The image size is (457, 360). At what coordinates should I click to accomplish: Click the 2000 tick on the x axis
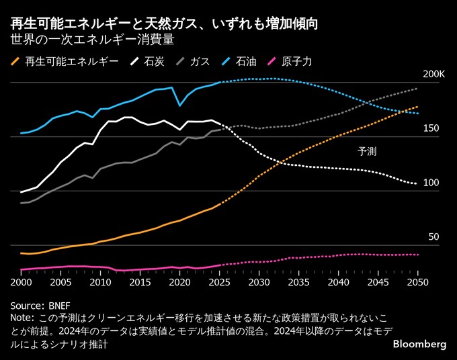point(21,283)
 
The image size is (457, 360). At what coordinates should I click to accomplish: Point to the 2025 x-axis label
point(219,283)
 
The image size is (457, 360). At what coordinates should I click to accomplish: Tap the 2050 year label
point(417,283)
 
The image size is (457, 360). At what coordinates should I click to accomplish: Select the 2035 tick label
point(298,283)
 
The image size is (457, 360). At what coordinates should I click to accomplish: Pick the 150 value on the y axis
point(430,128)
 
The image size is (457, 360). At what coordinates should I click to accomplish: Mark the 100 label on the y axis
point(430,183)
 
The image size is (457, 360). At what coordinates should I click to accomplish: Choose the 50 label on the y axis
point(433,237)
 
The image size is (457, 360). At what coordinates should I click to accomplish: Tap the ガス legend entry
point(200,61)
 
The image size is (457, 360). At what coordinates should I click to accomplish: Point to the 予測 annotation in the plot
point(367,152)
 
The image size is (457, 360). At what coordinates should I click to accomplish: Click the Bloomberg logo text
point(419,344)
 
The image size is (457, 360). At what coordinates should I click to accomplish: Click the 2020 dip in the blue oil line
point(179,105)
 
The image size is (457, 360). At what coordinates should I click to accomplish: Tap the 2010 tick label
point(100,283)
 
